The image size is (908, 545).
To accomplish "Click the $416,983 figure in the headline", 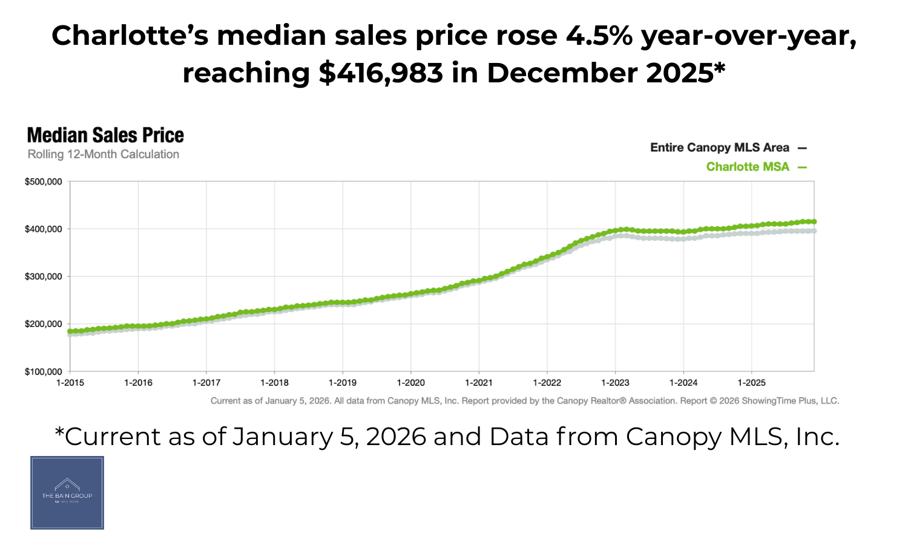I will coord(381,73).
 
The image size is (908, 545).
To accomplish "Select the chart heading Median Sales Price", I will coord(105,135).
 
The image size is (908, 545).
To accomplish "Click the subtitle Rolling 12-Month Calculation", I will coord(103,154).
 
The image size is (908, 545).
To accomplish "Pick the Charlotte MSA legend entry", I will coord(748,167).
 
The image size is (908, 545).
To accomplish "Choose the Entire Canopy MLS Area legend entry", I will coord(720,148).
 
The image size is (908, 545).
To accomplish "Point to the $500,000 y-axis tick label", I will coord(43,182).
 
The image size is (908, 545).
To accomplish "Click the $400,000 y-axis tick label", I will coord(43,229).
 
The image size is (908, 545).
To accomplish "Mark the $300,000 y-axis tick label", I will coord(43,277).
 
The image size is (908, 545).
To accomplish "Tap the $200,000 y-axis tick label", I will coord(43,324).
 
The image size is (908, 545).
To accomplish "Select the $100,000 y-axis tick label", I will coord(43,372).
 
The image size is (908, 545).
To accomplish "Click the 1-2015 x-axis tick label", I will coord(70,383).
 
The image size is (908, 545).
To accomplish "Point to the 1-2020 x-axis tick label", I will coord(411,383).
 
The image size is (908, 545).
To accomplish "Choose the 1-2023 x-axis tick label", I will coord(615,383).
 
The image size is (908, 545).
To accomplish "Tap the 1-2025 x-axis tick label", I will coord(751,383).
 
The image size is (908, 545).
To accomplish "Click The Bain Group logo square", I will coord(67,493).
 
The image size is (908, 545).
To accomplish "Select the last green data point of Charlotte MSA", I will coord(814,222).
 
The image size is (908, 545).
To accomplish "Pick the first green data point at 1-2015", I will coord(70,331).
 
